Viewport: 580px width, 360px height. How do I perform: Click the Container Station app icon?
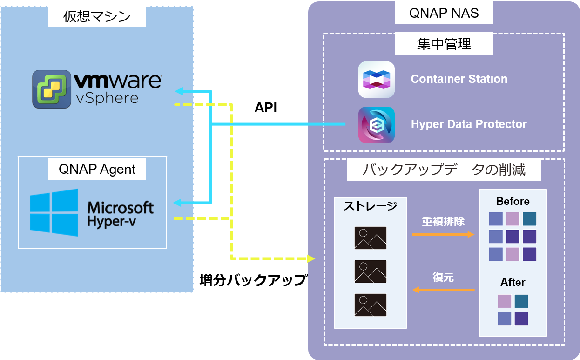pyautogui.click(x=377, y=80)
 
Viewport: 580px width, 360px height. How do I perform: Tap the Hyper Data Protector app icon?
pyautogui.click(x=377, y=125)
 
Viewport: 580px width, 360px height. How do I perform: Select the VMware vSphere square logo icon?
pyautogui.click(x=52, y=89)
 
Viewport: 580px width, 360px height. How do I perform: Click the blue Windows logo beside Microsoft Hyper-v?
pyautogui.click(x=54, y=213)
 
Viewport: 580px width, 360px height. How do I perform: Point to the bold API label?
pyautogui.click(x=266, y=108)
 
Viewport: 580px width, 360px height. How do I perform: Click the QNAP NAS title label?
pyautogui.click(x=444, y=13)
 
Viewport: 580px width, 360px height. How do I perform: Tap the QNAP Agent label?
pyautogui.click(x=97, y=170)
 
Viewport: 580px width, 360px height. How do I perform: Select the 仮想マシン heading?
pyautogui.click(x=97, y=16)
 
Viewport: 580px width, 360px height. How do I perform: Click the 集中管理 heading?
pyautogui.click(x=444, y=44)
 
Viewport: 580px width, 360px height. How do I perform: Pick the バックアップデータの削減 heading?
pyautogui.click(x=444, y=170)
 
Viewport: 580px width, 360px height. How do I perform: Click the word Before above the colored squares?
pyautogui.click(x=513, y=201)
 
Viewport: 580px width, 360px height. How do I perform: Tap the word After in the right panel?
pyautogui.click(x=513, y=282)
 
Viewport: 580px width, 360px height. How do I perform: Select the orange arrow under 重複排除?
pyautogui.click(x=443, y=234)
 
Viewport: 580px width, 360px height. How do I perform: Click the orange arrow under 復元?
pyautogui.click(x=443, y=290)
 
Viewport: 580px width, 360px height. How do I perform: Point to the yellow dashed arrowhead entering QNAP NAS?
pyautogui.click(x=311, y=258)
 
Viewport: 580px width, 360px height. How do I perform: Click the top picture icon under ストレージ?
pyautogui.click(x=370, y=238)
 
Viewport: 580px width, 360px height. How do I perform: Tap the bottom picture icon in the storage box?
pyautogui.click(x=370, y=305)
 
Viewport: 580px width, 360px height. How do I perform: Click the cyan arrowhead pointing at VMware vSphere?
pyautogui.click(x=179, y=91)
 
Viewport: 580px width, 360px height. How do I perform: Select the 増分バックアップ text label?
pyautogui.click(x=254, y=280)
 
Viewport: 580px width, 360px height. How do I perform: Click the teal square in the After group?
pyautogui.click(x=521, y=301)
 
